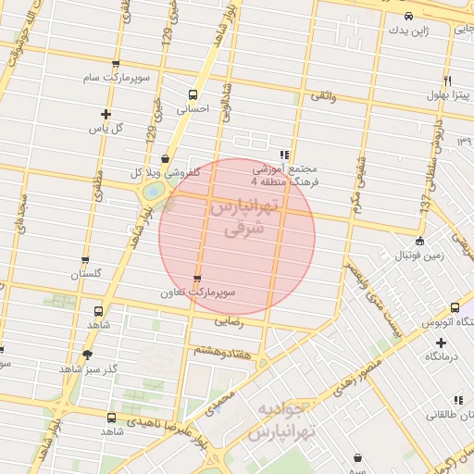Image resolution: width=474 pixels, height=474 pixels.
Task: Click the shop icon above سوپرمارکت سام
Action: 115,64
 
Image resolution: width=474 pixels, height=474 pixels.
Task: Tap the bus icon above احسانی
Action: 193,94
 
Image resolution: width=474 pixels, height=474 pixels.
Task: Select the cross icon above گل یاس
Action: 106,115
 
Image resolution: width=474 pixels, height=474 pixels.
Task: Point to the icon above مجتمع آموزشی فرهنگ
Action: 284,155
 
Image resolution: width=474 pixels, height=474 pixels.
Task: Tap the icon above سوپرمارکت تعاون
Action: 196,279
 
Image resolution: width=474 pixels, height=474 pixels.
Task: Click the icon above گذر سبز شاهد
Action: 88,354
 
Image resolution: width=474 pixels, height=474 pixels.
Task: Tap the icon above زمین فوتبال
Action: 420,241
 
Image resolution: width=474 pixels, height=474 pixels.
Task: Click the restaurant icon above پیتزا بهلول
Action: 448,81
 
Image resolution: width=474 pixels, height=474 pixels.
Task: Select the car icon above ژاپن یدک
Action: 409,17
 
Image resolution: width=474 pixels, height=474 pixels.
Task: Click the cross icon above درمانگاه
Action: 441,343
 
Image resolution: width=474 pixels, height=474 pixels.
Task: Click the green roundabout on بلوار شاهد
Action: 152,191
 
